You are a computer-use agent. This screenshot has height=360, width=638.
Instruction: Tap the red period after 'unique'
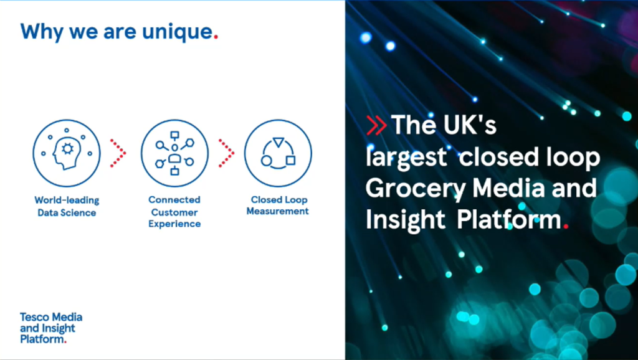pyautogui.click(x=216, y=37)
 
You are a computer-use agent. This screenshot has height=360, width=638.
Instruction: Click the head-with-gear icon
pyautogui.click(x=67, y=153)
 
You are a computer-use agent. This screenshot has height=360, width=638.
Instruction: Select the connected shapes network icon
pyautogui.click(x=174, y=153)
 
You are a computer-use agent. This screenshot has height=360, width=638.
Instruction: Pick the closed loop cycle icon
pyautogui.click(x=278, y=153)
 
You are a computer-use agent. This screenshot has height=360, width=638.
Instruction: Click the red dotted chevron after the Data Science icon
pyautogui.click(x=118, y=153)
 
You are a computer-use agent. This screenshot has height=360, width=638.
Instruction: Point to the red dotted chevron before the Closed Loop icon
pyautogui.click(x=226, y=153)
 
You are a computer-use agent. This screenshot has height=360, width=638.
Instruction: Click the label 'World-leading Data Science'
pyautogui.click(x=67, y=206)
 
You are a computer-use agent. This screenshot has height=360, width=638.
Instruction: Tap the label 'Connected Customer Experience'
pyautogui.click(x=174, y=212)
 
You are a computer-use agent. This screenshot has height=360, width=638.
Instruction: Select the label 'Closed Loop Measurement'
pyautogui.click(x=278, y=206)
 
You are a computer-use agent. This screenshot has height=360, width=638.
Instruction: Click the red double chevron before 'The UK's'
pyautogui.click(x=376, y=125)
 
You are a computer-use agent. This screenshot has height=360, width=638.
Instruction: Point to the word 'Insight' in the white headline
pyautogui.click(x=405, y=220)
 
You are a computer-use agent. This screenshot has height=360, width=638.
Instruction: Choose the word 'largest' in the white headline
pyautogui.click(x=406, y=158)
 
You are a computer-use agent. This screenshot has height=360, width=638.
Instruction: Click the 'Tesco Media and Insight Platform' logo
pyautogui.click(x=51, y=328)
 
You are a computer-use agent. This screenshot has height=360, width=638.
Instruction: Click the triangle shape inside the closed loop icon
pyautogui.click(x=279, y=143)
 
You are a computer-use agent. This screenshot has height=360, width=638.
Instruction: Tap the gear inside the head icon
pyautogui.click(x=67, y=149)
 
